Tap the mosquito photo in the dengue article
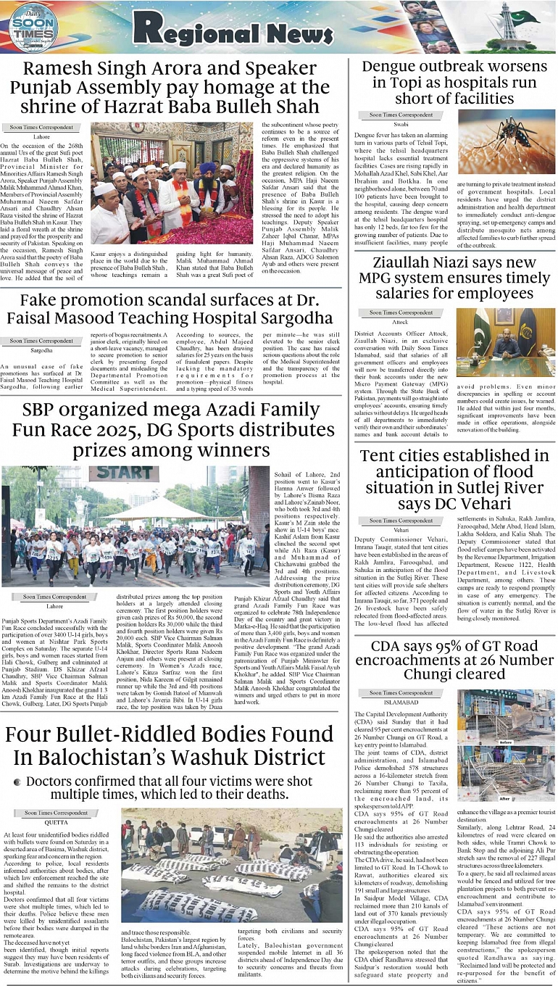click(506, 141)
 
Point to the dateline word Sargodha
click(41, 350)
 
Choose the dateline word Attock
click(401, 322)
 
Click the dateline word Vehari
click(401, 530)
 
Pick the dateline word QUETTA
click(41, 822)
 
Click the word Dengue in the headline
click(396, 67)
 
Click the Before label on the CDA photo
click(506, 743)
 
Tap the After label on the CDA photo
click(506, 799)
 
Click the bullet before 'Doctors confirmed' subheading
click(17, 782)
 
